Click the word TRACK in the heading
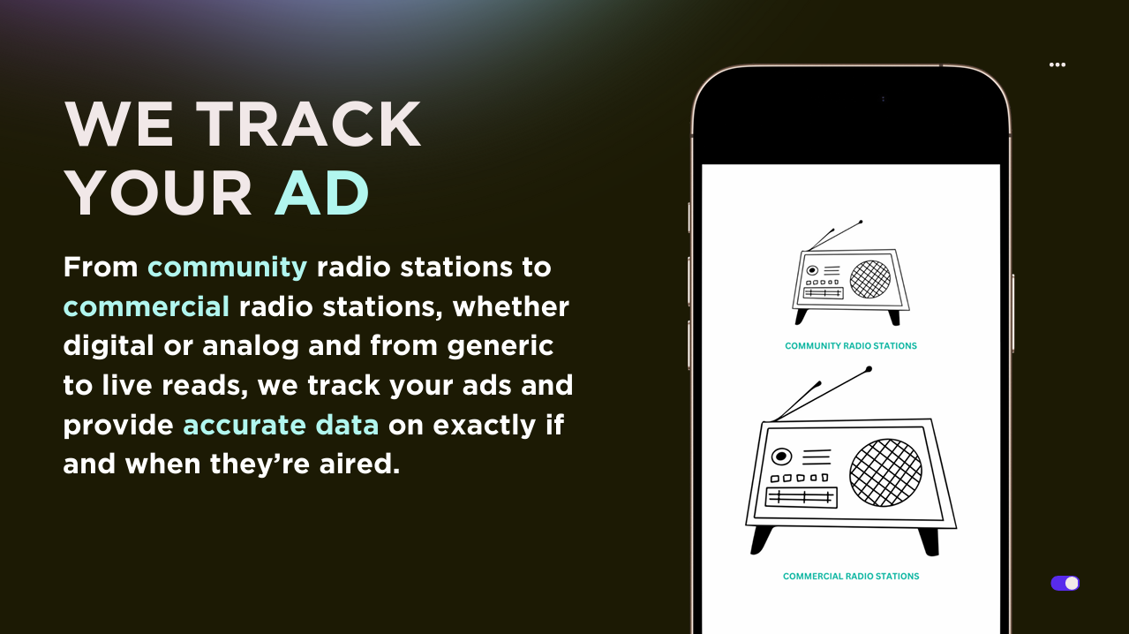click(x=308, y=125)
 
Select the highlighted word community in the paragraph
click(x=227, y=267)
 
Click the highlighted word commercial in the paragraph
click(x=147, y=306)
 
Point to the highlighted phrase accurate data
click(x=281, y=425)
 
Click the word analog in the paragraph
click(x=251, y=345)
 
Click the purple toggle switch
click(x=1065, y=583)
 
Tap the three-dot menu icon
click(x=1057, y=64)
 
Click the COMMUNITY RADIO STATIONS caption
click(x=851, y=346)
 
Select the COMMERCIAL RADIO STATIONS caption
click(x=851, y=577)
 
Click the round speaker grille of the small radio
click(x=870, y=279)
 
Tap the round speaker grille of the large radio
click(x=885, y=472)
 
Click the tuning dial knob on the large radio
click(x=781, y=457)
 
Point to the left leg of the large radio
click(x=761, y=538)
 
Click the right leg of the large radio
click(x=929, y=540)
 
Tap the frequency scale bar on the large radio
click(x=801, y=497)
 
